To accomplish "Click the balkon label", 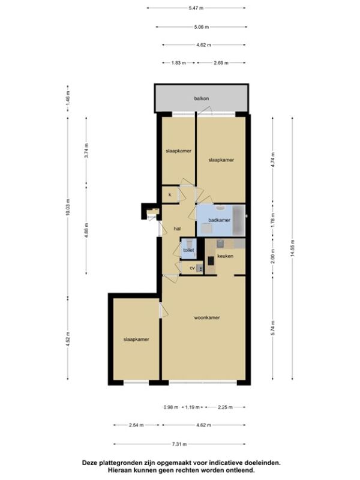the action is pyautogui.click(x=202, y=98).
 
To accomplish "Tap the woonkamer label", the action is pyautogui.click(x=207, y=318).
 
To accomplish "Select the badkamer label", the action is pyautogui.click(x=219, y=220).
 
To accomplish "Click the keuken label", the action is pyautogui.click(x=225, y=256).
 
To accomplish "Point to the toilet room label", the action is pyautogui.click(x=188, y=250).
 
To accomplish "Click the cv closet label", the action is pyautogui.click(x=192, y=268).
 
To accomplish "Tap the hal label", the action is pyautogui.click(x=177, y=229).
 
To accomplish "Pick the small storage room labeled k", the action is pyautogui.click(x=170, y=194).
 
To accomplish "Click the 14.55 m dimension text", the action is pyautogui.click(x=293, y=248).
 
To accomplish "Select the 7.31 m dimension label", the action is pyautogui.click(x=179, y=444).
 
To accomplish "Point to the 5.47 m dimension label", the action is pyautogui.click(x=196, y=8).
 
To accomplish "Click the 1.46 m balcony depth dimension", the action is pyautogui.click(x=68, y=98).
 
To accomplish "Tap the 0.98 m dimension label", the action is pyautogui.click(x=171, y=407).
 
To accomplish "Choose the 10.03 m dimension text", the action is pyautogui.click(x=68, y=207).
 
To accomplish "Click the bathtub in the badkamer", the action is pyautogui.click(x=239, y=220).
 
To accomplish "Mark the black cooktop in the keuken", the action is pyautogui.click(x=211, y=261).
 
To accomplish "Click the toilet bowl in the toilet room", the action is pyautogui.click(x=189, y=244).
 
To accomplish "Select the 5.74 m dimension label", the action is pyautogui.click(x=273, y=328).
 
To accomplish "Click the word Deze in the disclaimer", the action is pyautogui.click(x=89, y=463).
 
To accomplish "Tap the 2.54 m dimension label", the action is pyautogui.click(x=136, y=425).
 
